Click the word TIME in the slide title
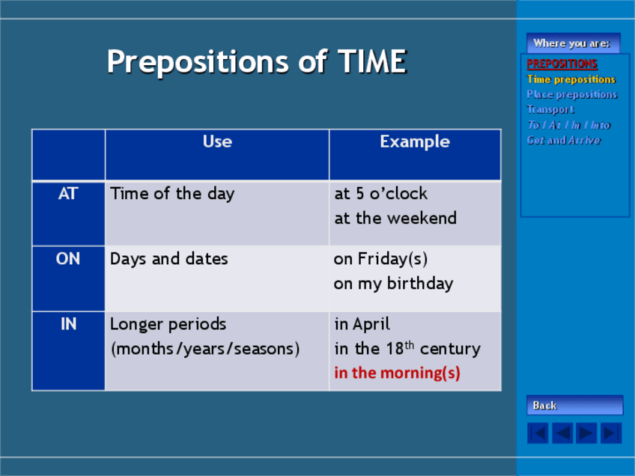coord(371,61)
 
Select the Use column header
coord(217,141)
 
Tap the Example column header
coord(415,142)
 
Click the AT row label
coord(68,194)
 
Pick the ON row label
coord(68,259)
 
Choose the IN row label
coord(68,324)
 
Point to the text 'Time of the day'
coord(172,194)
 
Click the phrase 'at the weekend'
coord(395,219)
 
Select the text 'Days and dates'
coord(169,259)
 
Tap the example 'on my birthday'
coord(393,284)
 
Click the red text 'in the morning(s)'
coord(397,373)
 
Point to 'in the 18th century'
coord(407,349)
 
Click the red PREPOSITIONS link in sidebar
coord(562,64)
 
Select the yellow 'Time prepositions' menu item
coord(571,79)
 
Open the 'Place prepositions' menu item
coord(572,94)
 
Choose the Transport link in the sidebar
coord(550,109)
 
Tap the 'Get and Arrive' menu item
coord(563,140)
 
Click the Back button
coord(574,405)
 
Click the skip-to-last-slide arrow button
coord(611,433)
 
